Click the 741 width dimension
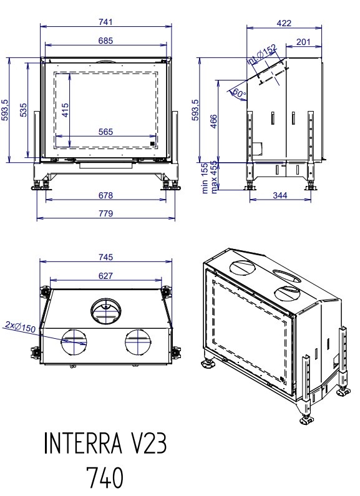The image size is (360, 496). click(105, 22)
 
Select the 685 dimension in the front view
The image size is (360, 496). click(105, 41)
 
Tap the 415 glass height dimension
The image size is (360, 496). click(65, 110)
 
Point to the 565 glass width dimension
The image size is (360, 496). click(105, 132)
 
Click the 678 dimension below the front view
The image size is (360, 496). click(105, 195)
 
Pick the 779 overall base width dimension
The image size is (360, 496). click(105, 213)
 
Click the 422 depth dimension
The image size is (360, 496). click(284, 23)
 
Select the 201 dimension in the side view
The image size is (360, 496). click(303, 42)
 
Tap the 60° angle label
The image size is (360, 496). click(239, 94)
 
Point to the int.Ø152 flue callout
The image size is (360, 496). click(261, 55)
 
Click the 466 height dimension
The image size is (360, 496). click(214, 122)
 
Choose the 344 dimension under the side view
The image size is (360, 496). click(280, 195)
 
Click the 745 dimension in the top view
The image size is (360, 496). click(105, 257)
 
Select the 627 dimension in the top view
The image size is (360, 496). click(105, 276)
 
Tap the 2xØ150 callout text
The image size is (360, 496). click(21, 326)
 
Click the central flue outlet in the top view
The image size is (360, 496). click(105, 311)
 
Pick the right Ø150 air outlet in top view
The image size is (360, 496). click(138, 342)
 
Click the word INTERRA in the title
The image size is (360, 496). click(82, 443)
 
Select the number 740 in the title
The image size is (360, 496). click(105, 478)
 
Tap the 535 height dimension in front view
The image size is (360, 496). click(24, 110)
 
